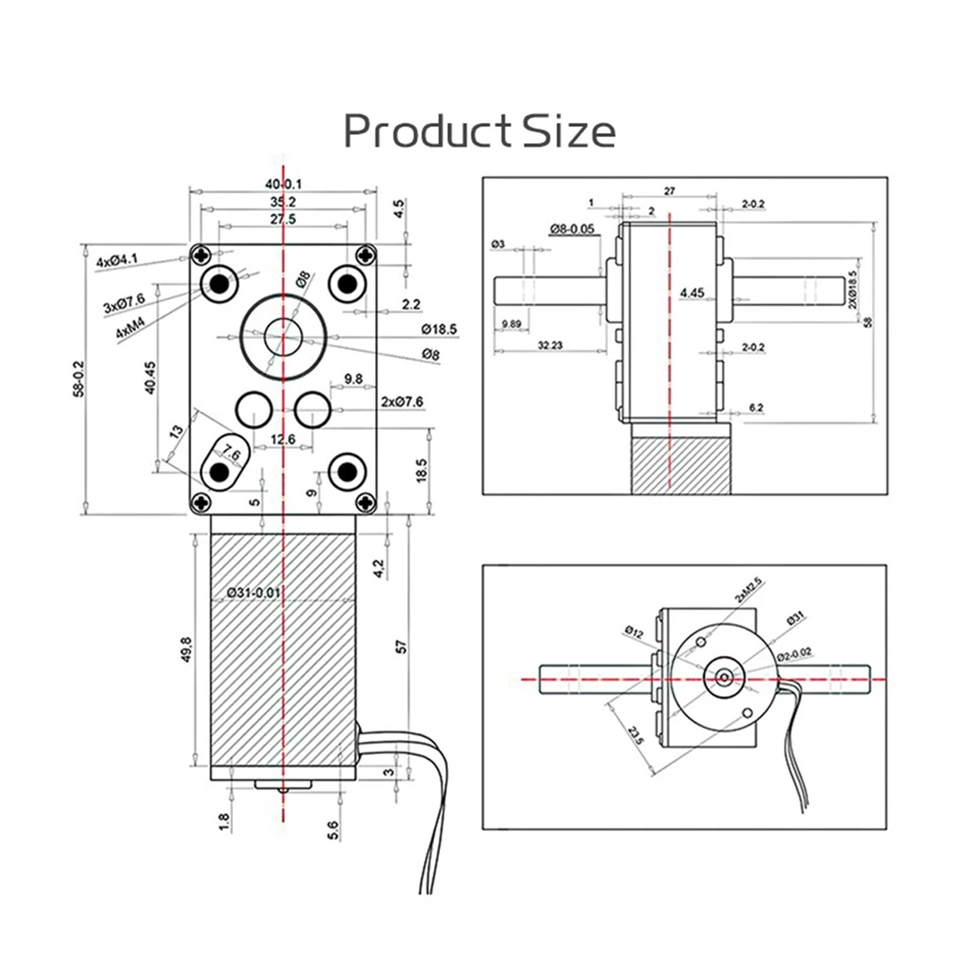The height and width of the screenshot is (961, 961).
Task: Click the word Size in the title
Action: pos(568,132)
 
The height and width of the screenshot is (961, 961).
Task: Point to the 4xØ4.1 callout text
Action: pos(117,261)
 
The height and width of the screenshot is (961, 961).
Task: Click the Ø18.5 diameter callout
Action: pos(438,329)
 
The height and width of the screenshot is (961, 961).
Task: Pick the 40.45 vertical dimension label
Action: pos(150,377)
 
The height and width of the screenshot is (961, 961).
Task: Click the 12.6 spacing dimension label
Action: pos(282,440)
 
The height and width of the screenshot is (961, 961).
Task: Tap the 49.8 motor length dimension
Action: pos(186,649)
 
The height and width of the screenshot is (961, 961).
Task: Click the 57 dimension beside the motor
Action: pos(402,646)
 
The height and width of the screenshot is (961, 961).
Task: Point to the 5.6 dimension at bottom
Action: pos(333,830)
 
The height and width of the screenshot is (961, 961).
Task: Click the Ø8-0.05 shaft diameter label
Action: pos(572,229)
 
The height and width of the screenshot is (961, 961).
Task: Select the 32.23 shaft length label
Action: pos(550,345)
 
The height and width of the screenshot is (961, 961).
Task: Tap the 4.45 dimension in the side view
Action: pos(692,293)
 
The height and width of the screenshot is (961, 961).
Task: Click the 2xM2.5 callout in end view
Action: pos(748,590)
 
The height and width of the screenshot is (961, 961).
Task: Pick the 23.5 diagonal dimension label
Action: pos(635,735)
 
